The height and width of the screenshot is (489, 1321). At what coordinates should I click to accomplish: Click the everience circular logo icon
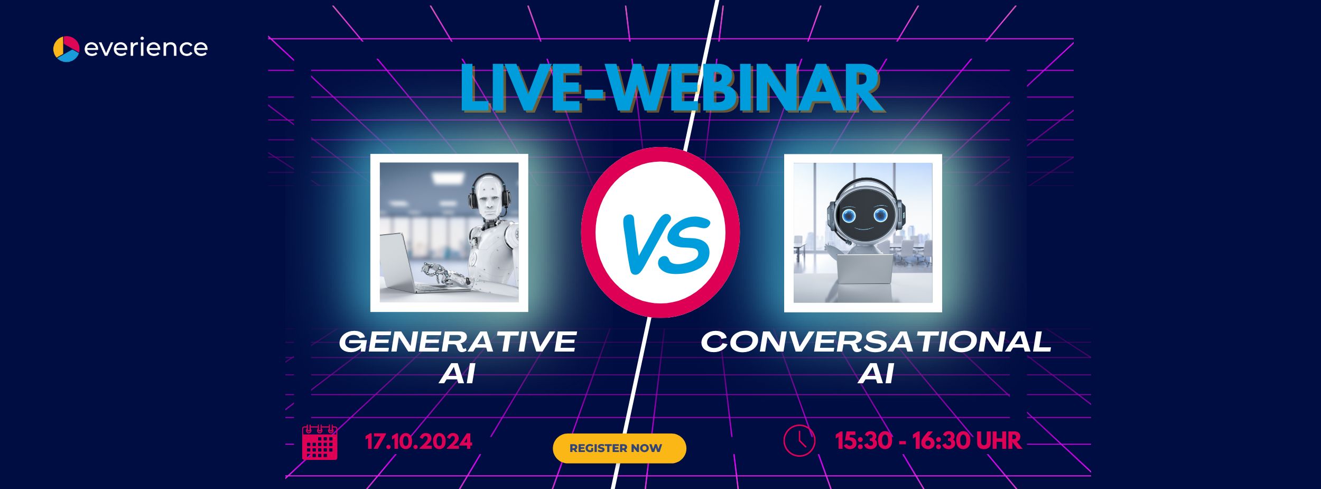66,49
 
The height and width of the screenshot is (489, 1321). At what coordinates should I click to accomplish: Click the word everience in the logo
146,48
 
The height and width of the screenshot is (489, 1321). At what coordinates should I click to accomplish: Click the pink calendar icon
320,442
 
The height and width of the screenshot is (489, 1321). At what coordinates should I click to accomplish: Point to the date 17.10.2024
418,441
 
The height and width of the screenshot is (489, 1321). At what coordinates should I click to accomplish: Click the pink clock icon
799,440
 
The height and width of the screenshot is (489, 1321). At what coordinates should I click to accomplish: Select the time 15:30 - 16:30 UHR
928,441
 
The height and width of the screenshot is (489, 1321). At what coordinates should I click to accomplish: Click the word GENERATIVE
458,342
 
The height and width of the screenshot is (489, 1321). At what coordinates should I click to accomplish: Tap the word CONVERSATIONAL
876,342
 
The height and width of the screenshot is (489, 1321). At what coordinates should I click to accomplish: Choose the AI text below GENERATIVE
458,374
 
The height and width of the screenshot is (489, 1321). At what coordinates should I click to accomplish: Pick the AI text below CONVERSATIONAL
876,374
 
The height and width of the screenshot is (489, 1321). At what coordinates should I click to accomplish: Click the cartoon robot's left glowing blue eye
849,215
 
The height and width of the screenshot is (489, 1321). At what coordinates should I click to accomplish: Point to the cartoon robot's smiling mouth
864,228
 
